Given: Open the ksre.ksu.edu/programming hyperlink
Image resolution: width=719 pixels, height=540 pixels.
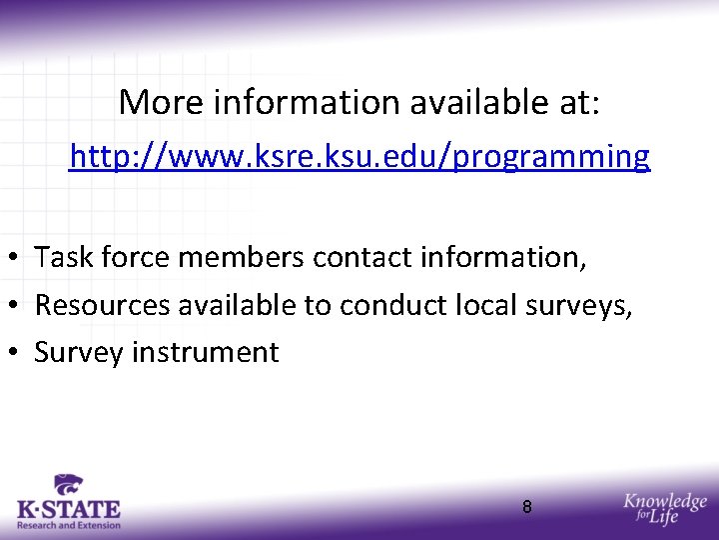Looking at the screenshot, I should click(x=359, y=157).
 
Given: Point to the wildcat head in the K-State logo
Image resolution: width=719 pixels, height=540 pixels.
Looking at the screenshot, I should click(x=69, y=486).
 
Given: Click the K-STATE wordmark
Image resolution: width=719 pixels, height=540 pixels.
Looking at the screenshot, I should click(x=69, y=510).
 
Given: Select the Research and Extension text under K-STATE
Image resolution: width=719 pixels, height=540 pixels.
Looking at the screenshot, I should click(x=69, y=525).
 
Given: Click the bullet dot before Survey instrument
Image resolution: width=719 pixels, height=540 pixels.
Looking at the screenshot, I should click(x=17, y=353).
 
